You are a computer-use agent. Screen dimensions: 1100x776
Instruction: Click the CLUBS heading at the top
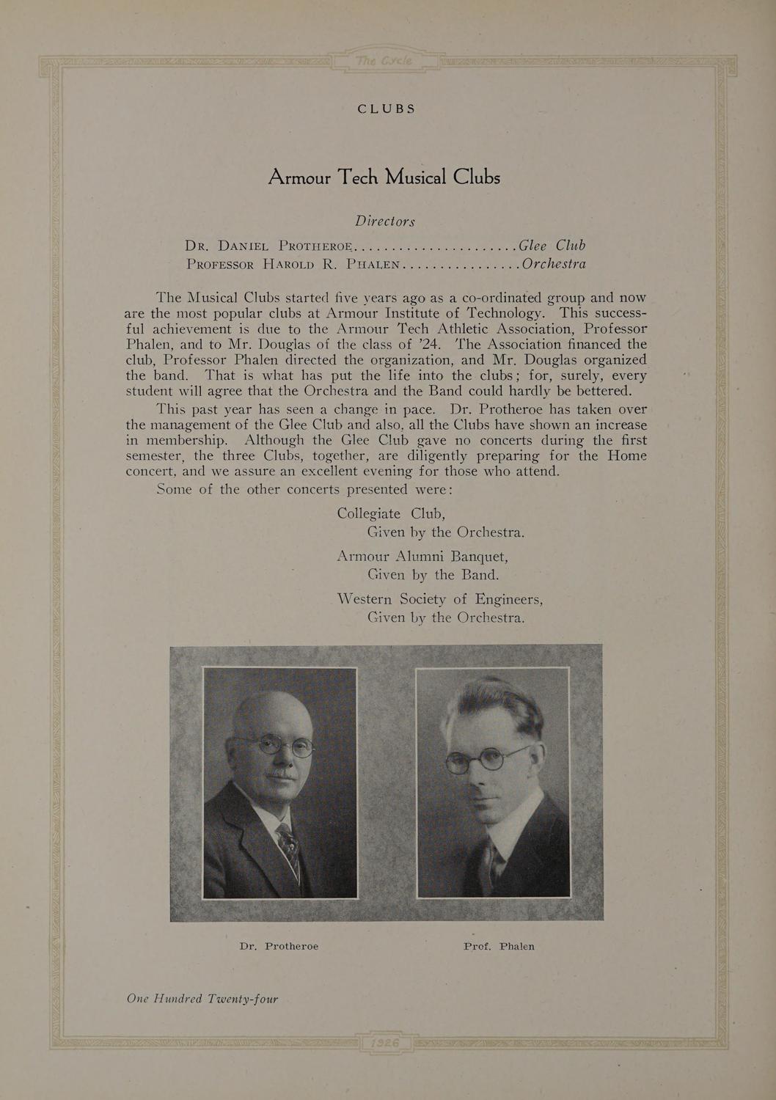tap(387, 109)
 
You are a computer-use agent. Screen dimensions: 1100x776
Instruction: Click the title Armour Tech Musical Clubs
tap(384, 177)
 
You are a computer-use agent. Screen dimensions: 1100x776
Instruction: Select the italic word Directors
tap(385, 221)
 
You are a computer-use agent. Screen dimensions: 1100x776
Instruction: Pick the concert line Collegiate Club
tap(392, 513)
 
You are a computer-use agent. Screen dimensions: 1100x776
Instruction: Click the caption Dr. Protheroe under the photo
tap(279, 946)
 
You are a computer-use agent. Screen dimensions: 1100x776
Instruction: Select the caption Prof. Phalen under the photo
tap(499, 946)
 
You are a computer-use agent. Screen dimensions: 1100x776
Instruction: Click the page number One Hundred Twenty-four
tap(202, 998)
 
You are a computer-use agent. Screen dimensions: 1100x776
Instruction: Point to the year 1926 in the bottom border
tap(385, 1044)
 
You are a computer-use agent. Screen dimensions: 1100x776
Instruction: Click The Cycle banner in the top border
tap(385, 59)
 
